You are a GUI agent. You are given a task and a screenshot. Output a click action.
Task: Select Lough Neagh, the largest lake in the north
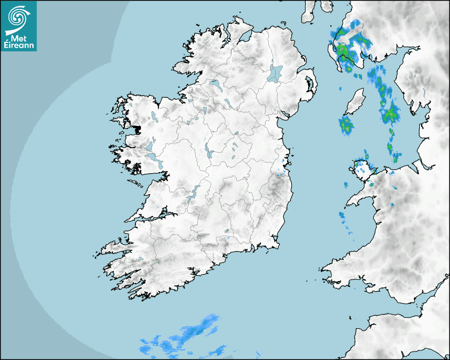tap(275, 73)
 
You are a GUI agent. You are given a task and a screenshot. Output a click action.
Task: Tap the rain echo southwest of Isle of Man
tap(346, 125)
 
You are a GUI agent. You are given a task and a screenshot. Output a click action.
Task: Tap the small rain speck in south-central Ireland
tap(227, 231)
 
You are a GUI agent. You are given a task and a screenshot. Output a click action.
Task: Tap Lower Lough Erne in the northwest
tap(215, 84)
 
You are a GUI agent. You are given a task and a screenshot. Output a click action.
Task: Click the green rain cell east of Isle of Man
tap(391, 113)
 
